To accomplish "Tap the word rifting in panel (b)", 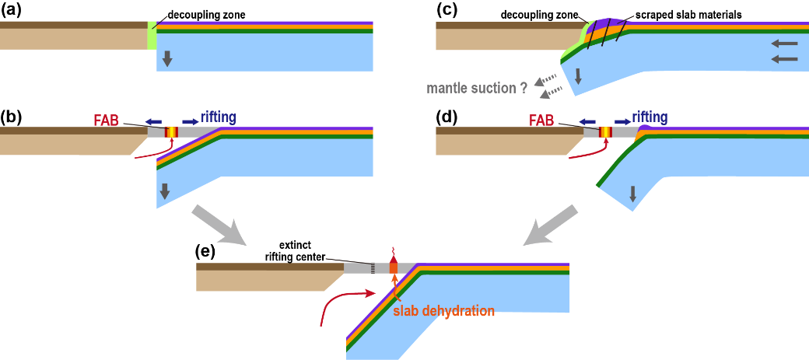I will click(x=214, y=117).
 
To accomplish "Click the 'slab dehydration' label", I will click(x=443, y=310).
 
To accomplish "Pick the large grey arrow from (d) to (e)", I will click(x=550, y=224).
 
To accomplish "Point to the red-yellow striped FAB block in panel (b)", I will click(x=171, y=133).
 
